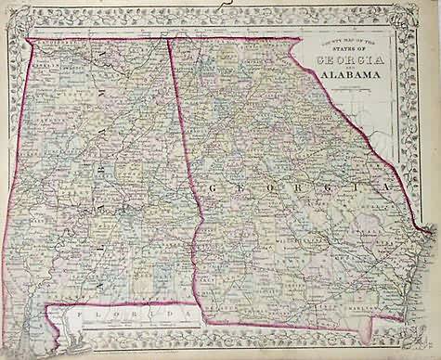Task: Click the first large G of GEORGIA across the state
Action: [213, 187]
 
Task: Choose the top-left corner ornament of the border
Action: [12, 13]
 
